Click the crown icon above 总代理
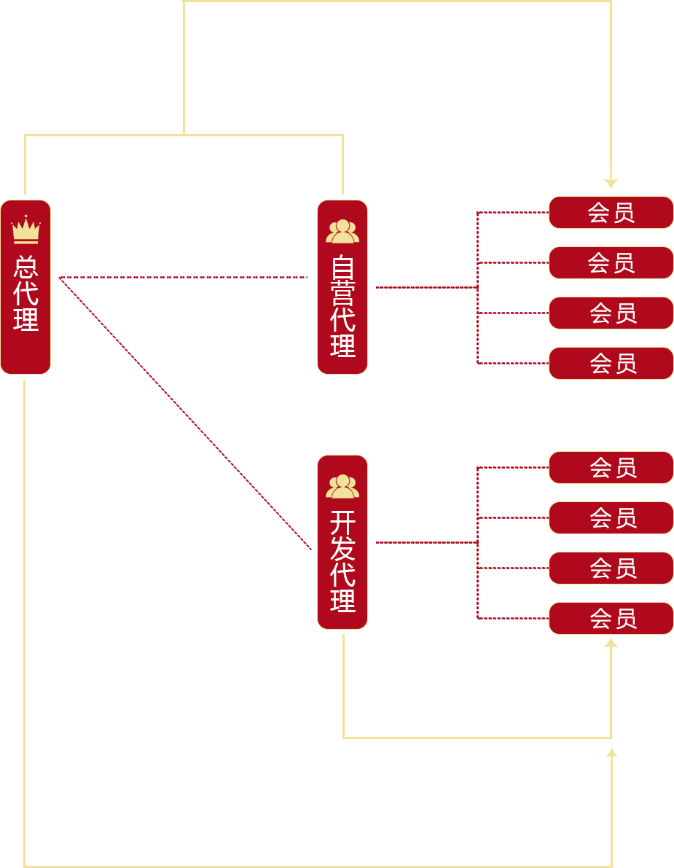tap(26, 230)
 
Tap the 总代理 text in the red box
tap(26, 293)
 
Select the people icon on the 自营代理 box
tap(342, 231)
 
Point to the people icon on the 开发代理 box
tap(342, 486)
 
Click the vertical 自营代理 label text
tap(342, 305)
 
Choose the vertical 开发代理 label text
tap(342, 560)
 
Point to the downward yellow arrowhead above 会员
tap(611, 182)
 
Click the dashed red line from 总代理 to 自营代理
tap(182, 278)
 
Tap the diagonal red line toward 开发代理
tap(186, 413)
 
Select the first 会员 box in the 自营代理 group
tap(611, 212)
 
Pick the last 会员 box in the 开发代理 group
tap(611, 618)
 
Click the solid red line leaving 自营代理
tap(426, 287)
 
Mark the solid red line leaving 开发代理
tap(426, 542)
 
